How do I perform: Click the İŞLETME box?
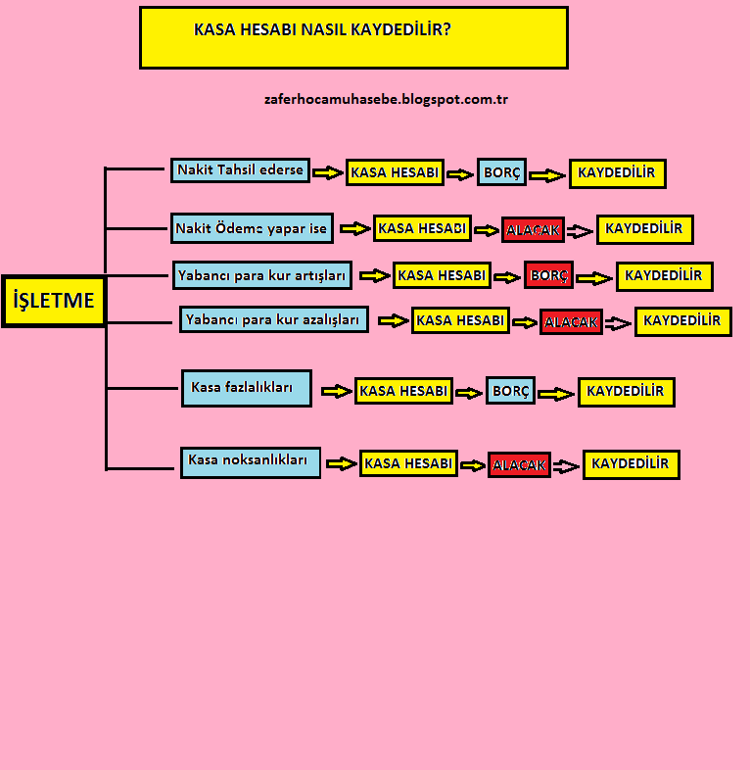coord(54,301)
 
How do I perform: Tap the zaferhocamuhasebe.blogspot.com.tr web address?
coord(386,99)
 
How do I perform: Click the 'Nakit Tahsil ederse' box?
coord(240,170)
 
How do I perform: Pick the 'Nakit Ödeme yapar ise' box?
coord(252,229)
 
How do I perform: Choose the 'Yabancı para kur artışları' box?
coord(262,276)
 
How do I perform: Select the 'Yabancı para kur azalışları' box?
coord(274,320)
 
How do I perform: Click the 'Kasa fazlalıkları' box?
coord(247,388)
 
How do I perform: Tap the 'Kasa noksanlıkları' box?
coord(250,461)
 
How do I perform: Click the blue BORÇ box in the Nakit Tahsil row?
coord(501,173)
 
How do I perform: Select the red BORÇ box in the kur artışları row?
coord(548,276)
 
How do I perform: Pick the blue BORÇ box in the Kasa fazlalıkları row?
coord(511,391)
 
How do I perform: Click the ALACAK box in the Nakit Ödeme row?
coord(533,230)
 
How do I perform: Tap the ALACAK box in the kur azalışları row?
coord(571,321)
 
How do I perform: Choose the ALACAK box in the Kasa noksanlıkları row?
coord(519,465)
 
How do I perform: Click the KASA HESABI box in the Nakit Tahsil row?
coord(395,173)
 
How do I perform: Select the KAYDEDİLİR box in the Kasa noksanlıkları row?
coord(631,464)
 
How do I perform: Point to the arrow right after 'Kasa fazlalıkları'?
coord(336,391)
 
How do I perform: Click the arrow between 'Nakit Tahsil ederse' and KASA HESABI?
coord(327,173)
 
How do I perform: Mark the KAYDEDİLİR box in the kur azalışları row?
coord(682,321)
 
